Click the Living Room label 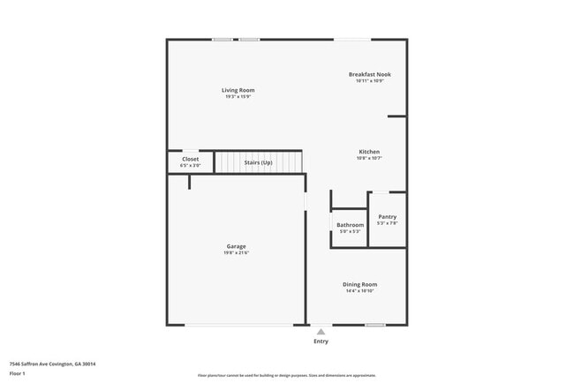point(238,90)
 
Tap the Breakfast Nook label point(369,74)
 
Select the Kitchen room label point(369,152)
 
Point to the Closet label point(191,159)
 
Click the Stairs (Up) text point(258,162)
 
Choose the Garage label point(236,246)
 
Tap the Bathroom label point(350,225)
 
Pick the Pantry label point(388,216)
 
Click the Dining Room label point(359,284)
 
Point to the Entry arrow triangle point(321,332)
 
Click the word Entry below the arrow point(321,342)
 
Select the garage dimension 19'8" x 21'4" point(236,253)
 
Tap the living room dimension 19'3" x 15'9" point(238,97)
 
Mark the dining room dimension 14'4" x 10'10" point(359,291)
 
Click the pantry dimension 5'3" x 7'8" point(388,223)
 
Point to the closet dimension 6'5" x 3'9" point(191,166)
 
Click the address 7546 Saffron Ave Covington point(52,364)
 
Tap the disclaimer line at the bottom point(286,375)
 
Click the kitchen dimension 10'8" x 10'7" point(369,159)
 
